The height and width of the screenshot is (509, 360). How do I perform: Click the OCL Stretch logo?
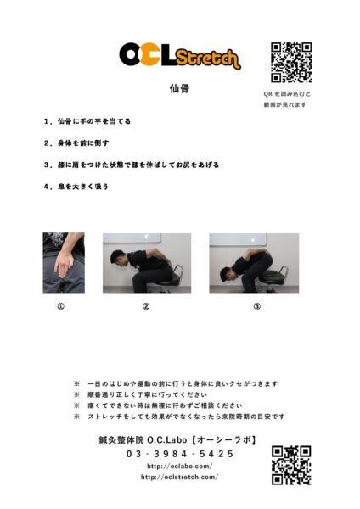coord(180,56)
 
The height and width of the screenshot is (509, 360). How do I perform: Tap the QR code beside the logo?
coord(291,62)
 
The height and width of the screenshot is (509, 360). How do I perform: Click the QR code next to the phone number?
coord(291,465)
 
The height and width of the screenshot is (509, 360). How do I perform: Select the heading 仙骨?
coord(180,88)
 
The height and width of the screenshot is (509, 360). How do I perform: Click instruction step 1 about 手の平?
coord(87,121)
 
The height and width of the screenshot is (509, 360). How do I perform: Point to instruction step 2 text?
coord(76,143)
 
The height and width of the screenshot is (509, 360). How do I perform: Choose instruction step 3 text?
coord(132,165)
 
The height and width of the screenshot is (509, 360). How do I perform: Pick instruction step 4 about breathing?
coord(76,187)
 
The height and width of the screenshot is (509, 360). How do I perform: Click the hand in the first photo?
coord(65,264)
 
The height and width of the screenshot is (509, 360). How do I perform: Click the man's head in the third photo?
coord(228,275)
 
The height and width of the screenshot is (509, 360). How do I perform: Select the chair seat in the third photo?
coord(273,278)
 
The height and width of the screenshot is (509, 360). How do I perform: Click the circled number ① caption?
coord(61,306)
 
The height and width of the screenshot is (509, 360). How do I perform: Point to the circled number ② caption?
coord(146,306)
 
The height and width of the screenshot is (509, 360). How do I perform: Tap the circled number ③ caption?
coord(257,306)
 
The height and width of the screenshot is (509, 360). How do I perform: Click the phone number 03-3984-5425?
coord(180,454)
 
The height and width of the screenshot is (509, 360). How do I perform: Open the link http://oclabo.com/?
coord(180,466)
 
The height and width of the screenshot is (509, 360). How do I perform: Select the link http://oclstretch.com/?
coord(179,477)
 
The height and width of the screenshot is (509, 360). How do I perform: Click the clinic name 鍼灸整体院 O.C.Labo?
coord(143,439)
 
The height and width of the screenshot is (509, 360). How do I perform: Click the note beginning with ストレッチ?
coord(186,417)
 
